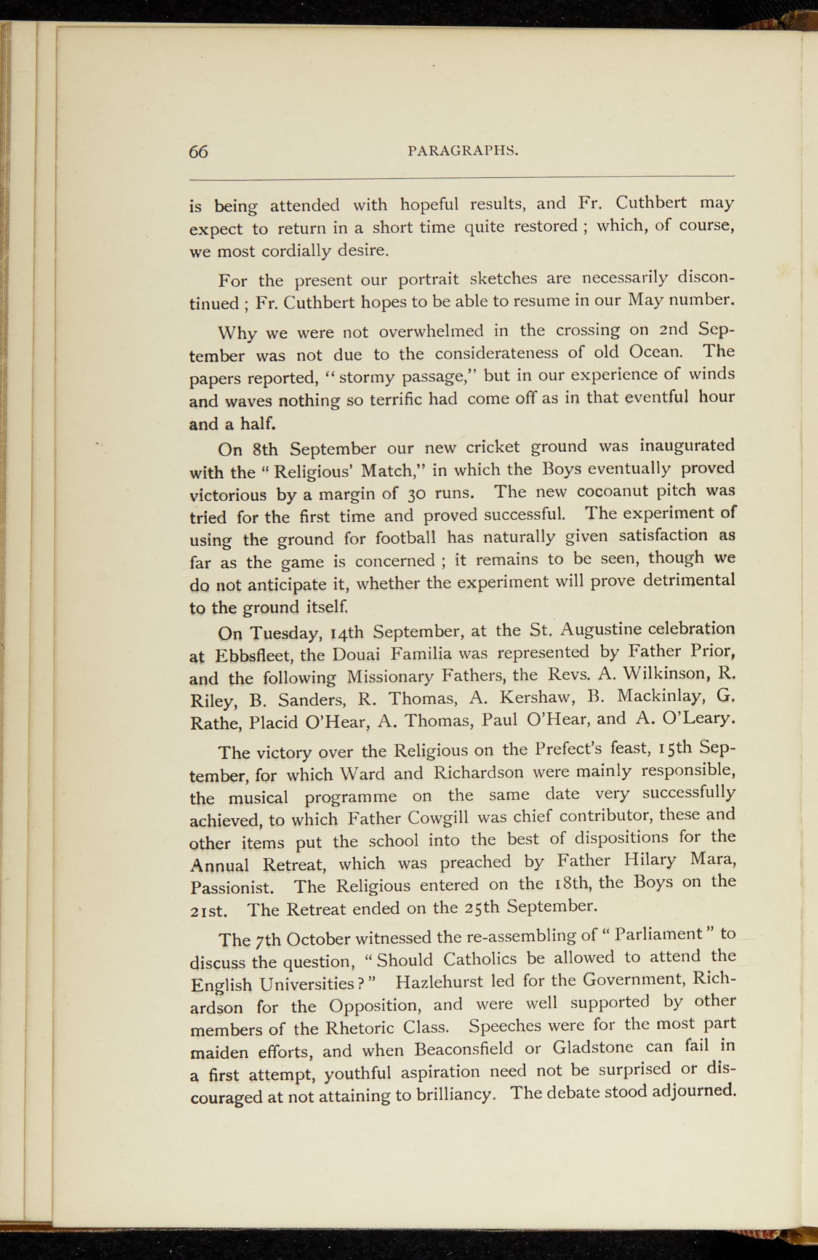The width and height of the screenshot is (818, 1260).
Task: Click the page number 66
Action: pyautogui.click(x=199, y=151)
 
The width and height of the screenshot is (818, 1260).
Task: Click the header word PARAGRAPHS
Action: pyautogui.click(x=463, y=150)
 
